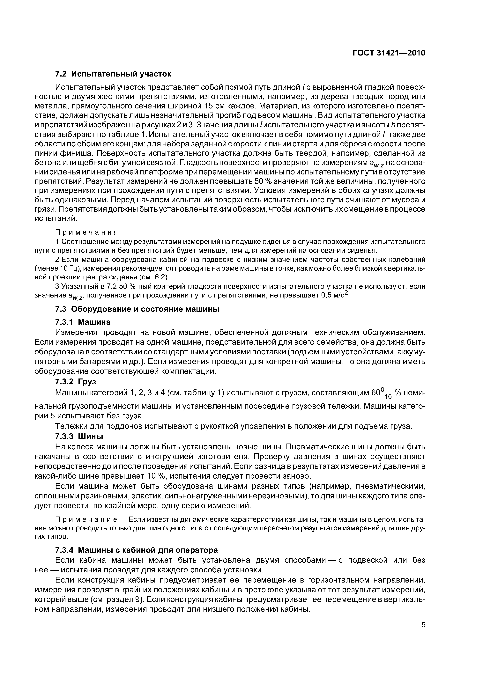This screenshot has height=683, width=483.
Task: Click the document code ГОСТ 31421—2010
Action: click(389, 53)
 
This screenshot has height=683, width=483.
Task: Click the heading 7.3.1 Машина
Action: click(83, 322)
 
